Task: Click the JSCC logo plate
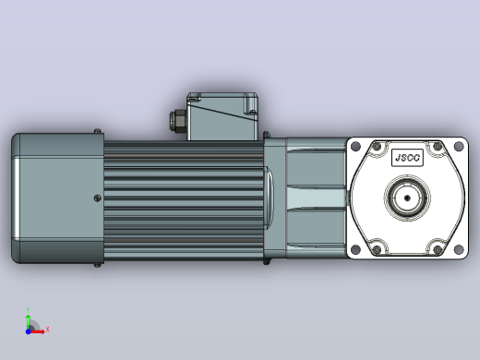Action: (x=407, y=158)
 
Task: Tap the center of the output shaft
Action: (x=407, y=198)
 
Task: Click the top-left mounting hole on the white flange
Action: (x=355, y=146)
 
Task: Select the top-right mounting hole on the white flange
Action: (x=459, y=146)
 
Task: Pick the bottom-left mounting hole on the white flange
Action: (x=355, y=249)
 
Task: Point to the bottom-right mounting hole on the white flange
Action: (x=459, y=249)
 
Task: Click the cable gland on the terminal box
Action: (x=178, y=121)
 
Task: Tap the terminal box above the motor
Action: (x=222, y=116)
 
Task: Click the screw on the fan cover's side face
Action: (x=97, y=198)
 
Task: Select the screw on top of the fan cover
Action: (x=97, y=131)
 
